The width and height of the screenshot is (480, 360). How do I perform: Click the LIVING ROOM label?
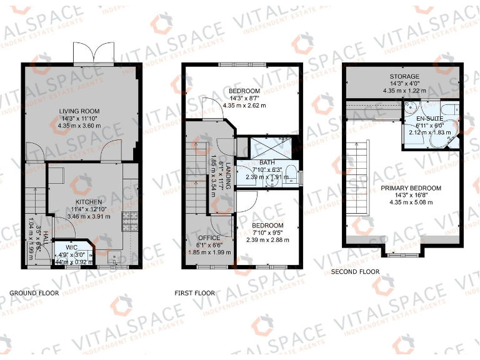coord(81,111)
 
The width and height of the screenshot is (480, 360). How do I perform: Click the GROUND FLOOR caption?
coord(34,292)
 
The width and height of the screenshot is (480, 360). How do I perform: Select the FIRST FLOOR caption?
coord(195,292)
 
